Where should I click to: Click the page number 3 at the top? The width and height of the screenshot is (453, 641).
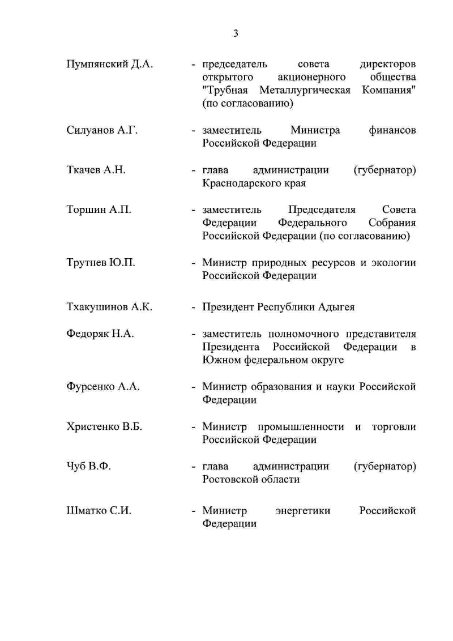point(236,33)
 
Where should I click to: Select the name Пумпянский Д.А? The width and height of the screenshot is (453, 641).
point(109,63)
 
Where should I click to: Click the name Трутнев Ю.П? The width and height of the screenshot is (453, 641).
point(100,263)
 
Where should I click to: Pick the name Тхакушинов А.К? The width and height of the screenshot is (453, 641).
point(109,307)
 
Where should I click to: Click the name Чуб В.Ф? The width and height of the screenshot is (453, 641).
point(88,467)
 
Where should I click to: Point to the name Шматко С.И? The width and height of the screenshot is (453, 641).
point(99,511)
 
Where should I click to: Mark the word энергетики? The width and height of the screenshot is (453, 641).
point(303,511)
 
